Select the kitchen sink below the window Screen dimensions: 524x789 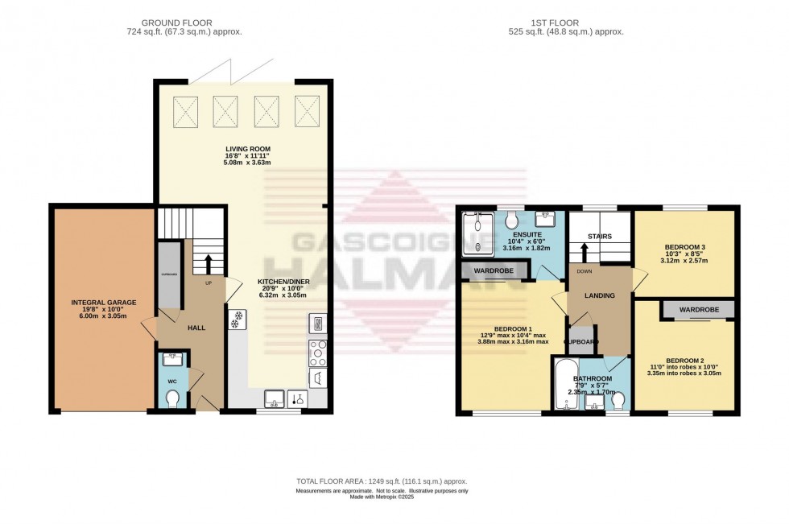coord(274,398)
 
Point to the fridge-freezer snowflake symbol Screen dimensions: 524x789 coord(238,319)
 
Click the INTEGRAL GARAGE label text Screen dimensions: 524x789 coord(102,303)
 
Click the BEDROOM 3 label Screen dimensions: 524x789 coord(684,247)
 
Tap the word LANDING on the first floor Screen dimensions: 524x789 coord(600,295)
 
